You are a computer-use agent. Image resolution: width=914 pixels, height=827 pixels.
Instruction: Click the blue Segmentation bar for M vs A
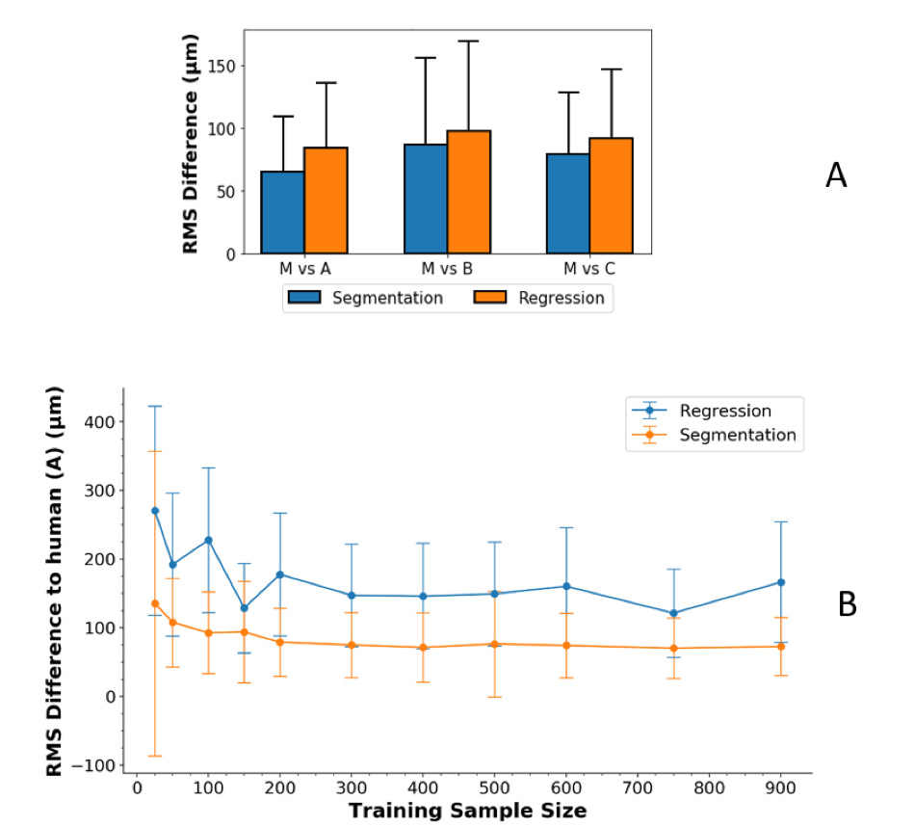click(x=282, y=213)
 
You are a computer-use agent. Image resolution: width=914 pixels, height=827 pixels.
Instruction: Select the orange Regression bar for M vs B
click(x=468, y=193)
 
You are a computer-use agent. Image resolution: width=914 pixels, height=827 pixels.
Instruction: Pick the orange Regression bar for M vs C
click(x=611, y=197)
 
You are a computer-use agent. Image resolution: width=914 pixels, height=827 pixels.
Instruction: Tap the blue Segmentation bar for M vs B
click(x=425, y=200)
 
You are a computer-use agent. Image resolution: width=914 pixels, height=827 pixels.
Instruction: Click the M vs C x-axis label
click(x=589, y=267)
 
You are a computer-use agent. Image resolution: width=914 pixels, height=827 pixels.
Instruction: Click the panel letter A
click(x=836, y=175)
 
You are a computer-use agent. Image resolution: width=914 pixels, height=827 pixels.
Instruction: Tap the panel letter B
click(x=848, y=604)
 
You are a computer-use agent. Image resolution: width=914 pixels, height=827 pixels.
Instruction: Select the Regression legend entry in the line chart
click(x=725, y=411)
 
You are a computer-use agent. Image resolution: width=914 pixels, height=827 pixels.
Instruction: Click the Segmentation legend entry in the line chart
click(x=738, y=435)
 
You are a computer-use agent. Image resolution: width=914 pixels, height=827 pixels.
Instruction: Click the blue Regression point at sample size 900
click(x=780, y=582)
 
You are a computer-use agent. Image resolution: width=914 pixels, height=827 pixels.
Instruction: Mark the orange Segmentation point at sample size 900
click(x=780, y=646)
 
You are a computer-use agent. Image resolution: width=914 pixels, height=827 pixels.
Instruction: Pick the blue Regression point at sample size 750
click(x=673, y=613)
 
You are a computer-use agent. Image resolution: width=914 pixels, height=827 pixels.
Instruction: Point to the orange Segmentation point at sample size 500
click(x=494, y=644)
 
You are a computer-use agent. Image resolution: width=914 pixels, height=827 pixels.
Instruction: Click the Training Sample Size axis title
click(x=467, y=811)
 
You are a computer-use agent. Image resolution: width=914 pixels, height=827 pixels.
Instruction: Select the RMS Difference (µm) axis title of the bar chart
click(x=191, y=142)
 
